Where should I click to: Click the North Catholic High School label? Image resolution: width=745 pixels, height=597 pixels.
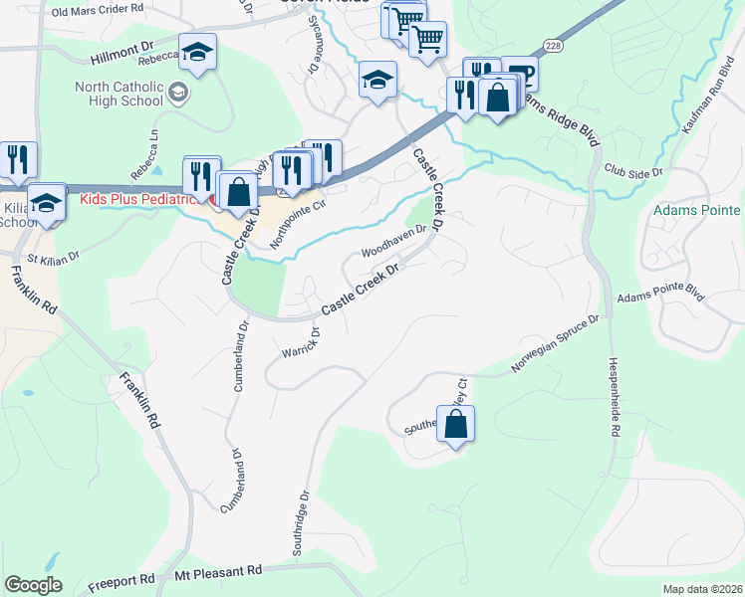coord(119,94)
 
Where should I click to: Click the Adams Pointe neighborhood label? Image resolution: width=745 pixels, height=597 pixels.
coord(696,211)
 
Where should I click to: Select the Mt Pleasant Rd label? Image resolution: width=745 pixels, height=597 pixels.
coord(217,572)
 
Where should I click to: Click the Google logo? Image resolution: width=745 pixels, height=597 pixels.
coord(33,585)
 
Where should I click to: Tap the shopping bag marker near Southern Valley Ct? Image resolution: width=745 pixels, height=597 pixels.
coord(455,424)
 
